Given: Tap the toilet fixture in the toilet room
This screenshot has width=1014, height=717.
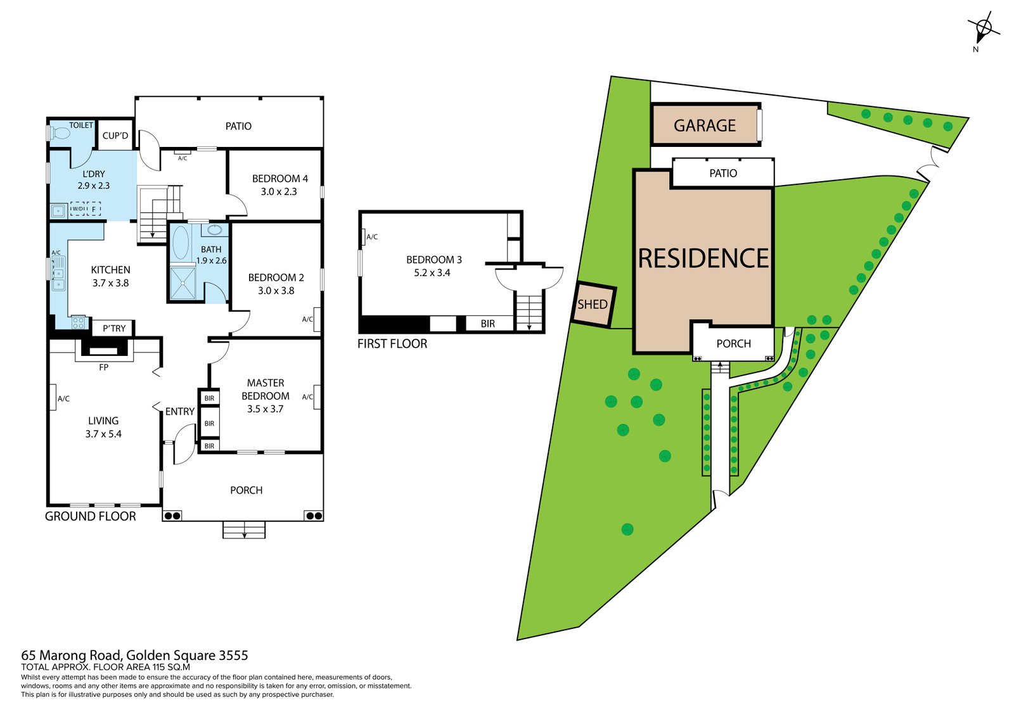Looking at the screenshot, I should click(61, 134).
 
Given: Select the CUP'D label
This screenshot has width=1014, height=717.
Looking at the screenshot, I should click(115, 136).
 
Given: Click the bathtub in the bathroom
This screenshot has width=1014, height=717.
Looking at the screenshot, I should click(181, 243).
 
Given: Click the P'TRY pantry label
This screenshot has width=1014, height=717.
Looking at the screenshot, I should click(114, 328).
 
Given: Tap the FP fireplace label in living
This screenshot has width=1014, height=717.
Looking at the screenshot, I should click(104, 367).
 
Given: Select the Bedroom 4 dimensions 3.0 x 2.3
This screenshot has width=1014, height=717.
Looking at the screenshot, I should click(279, 191).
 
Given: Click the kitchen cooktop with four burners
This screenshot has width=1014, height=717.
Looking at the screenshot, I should click(78, 322).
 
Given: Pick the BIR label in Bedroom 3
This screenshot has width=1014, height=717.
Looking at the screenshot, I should click(487, 324).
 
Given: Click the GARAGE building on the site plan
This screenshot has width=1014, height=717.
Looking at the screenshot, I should click(705, 125).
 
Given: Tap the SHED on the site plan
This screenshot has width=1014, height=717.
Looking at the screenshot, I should click(593, 305).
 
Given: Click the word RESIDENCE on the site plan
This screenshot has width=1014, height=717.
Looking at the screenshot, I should click(703, 258).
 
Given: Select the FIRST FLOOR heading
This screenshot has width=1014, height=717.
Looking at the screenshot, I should click(392, 344).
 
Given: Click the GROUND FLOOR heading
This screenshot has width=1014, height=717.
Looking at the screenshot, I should click(91, 516).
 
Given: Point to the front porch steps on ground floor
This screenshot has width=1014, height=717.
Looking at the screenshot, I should click(244, 530).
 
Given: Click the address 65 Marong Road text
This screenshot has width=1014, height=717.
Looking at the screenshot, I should click(134, 656).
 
